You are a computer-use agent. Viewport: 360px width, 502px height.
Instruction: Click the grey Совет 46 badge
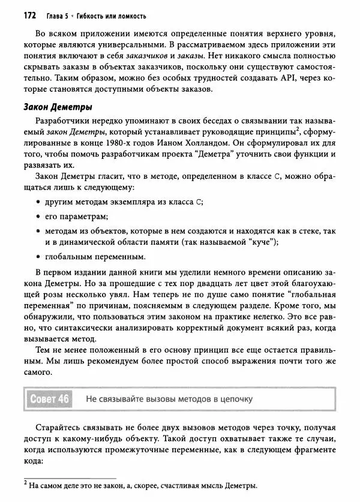[x=50, y=398]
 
